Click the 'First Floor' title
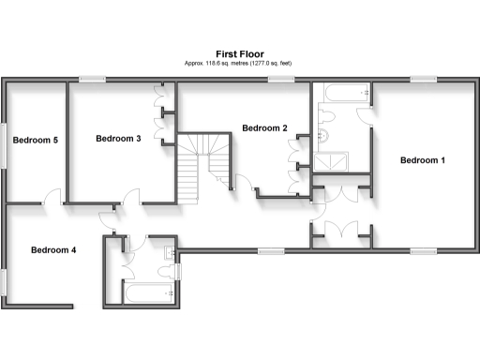(239, 54)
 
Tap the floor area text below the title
(239, 63)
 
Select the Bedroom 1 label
(422, 160)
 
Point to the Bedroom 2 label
(263, 128)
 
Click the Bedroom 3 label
(118, 139)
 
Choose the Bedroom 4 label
(53, 250)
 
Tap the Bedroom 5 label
(36, 141)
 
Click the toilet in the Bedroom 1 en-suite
(327, 116)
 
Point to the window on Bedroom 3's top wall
(91, 79)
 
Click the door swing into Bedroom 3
(131, 196)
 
